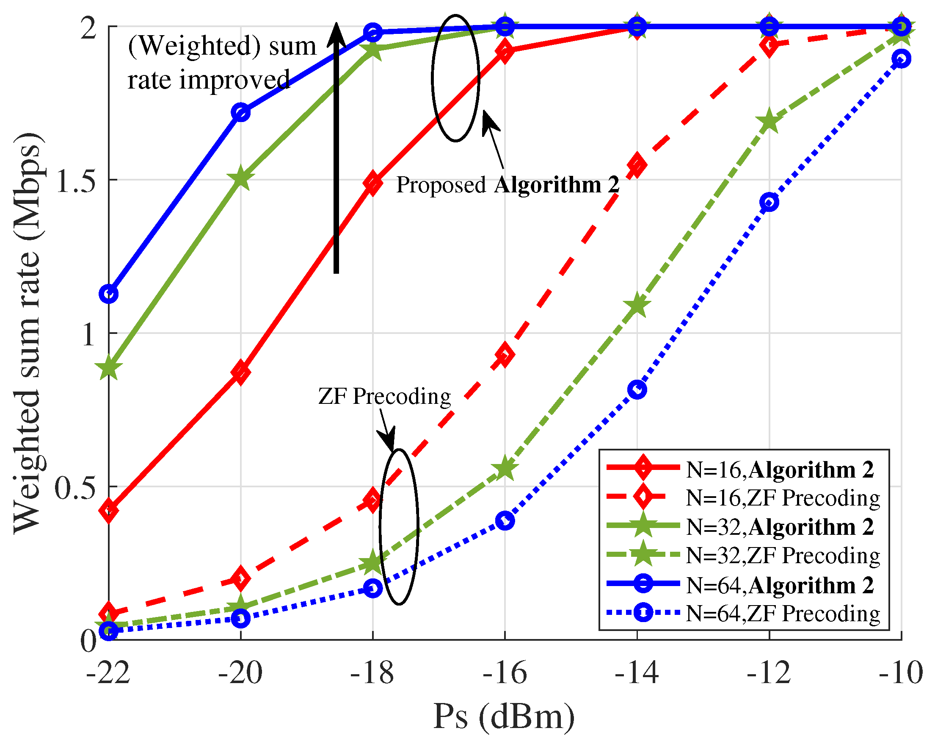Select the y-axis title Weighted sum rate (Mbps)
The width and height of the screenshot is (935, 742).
pos(28,333)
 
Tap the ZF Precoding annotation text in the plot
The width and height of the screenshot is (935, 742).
pos(384,396)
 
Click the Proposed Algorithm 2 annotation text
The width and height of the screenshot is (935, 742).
pos(507,185)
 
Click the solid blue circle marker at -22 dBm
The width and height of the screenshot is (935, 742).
pos(108,295)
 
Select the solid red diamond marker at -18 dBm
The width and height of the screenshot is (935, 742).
pos(373,183)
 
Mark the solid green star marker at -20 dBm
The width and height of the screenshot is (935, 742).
pos(241,178)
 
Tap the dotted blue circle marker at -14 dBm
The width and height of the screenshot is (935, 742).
pos(637,389)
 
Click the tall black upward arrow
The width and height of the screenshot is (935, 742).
pos(336,147)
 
